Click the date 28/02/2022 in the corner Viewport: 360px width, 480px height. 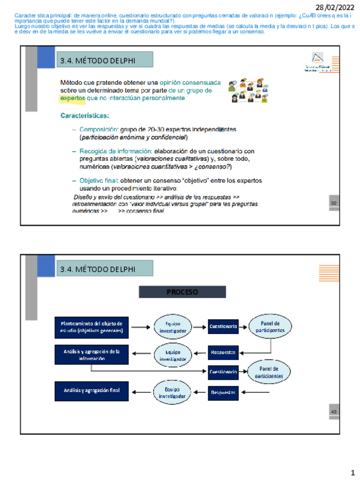tap(335, 6)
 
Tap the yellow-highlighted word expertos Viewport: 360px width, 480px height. tap(72, 98)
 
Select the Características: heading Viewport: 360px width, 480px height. tap(85, 116)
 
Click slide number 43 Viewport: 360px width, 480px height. tap(333, 412)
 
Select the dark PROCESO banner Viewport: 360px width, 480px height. tap(182, 292)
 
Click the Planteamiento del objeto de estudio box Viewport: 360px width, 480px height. tap(92, 326)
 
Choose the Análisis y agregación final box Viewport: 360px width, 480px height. tap(92, 390)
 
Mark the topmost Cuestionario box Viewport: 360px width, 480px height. tap(222, 327)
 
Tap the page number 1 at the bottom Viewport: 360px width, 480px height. tap(352, 472)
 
